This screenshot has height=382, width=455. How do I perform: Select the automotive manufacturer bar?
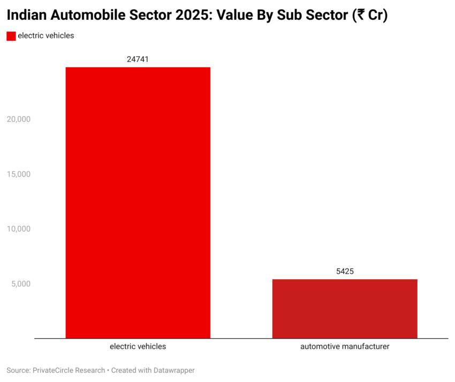(345, 309)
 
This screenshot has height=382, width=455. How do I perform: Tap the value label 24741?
(138, 59)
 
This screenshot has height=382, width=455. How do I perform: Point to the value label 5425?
(345, 271)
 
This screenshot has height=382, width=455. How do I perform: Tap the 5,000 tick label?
(20, 284)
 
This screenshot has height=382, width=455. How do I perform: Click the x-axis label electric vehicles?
(138, 346)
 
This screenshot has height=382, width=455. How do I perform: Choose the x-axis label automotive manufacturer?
(345, 346)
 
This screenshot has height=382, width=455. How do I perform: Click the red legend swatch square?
(11, 36)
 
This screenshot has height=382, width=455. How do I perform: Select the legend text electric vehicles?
(45, 36)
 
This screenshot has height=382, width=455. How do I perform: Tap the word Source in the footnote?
(18, 370)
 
